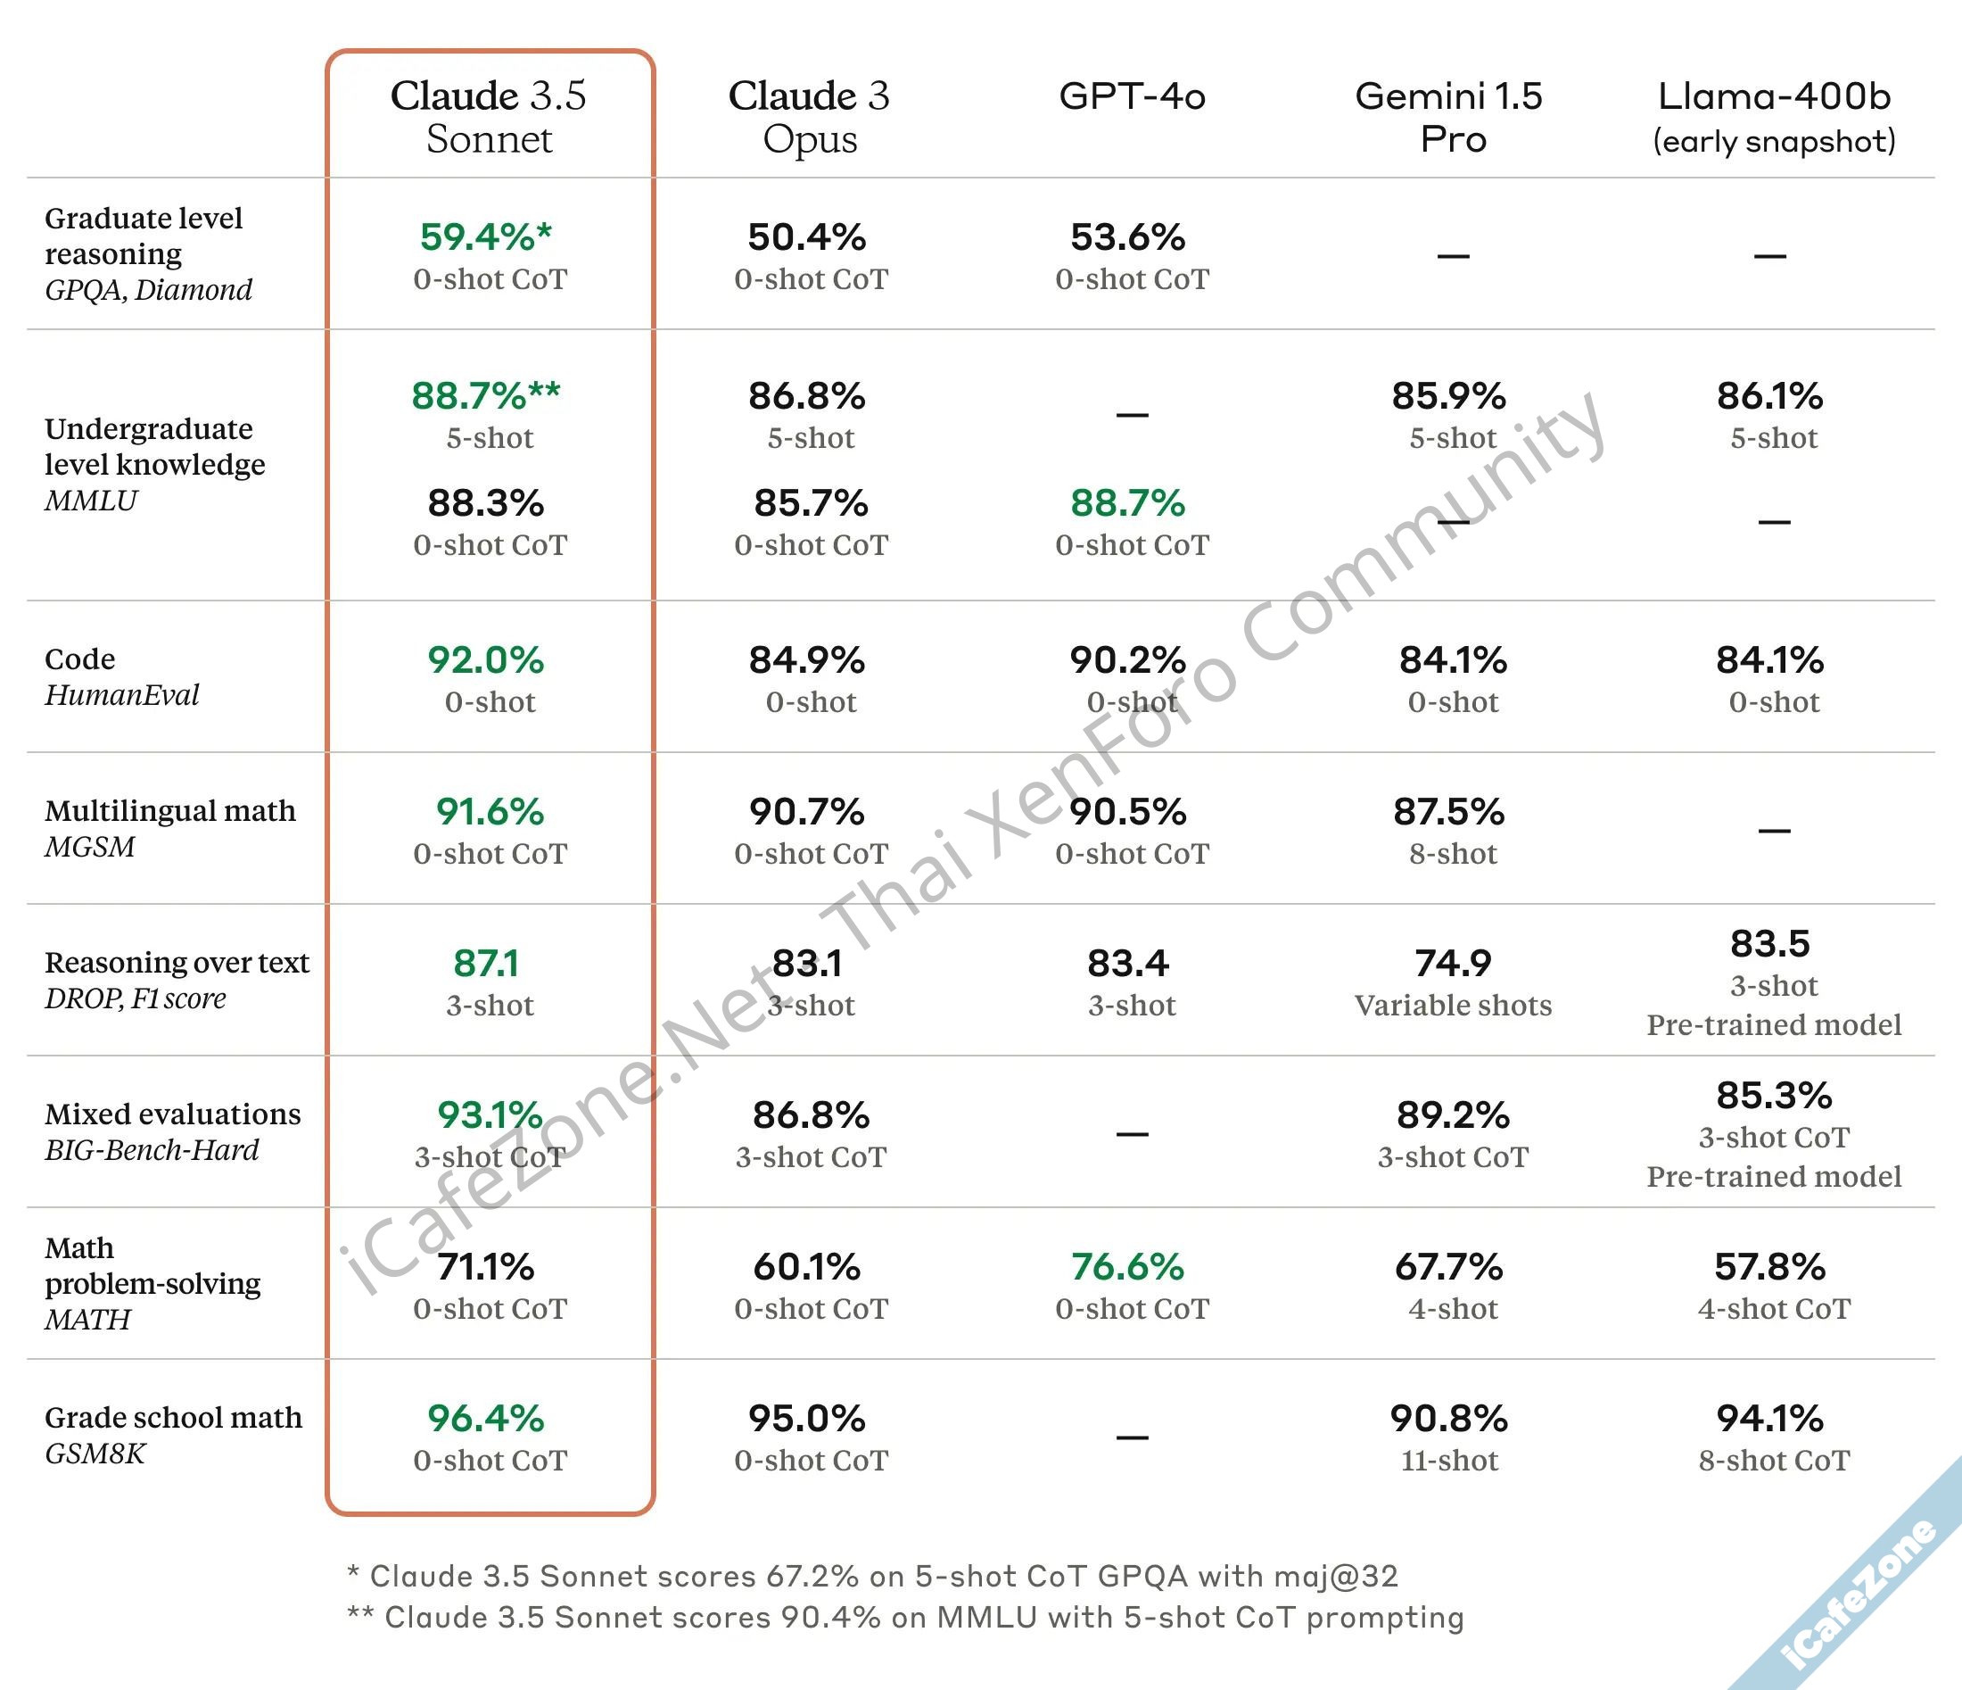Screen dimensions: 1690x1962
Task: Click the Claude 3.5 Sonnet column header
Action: click(489, 117)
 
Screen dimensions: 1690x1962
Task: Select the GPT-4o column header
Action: click(1132, 96)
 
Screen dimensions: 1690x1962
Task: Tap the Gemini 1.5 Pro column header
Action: click(1450, 117)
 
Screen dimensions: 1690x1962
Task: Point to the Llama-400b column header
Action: click(1774, 117)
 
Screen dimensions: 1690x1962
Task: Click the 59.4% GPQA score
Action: click(485, 236)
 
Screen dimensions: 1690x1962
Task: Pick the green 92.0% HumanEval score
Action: click(486, 660)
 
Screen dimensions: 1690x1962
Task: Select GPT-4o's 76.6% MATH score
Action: click(1128, 1266)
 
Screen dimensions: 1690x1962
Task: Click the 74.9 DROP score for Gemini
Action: click(1453, 964)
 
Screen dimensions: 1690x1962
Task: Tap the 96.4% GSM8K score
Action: click(486, 1418)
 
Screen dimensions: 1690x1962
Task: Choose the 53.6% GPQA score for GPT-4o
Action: click(1128, 236)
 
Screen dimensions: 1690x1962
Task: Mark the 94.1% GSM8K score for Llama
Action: click(1769, 1418)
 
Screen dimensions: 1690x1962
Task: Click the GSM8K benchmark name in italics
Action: click(95, 1454)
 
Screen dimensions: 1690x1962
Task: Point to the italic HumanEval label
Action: click(122, 695)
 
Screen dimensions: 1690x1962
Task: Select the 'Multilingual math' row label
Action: click(170, 811)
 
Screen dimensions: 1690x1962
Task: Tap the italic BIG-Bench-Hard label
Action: click(152, 1150)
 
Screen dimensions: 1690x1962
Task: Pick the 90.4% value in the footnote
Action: click(830, 1617)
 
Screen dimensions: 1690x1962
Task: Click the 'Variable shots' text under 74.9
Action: click(1453, 1005)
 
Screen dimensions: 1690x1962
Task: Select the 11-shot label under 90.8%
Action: click(1450, 1460)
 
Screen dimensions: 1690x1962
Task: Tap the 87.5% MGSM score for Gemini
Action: click(1449, 812)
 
